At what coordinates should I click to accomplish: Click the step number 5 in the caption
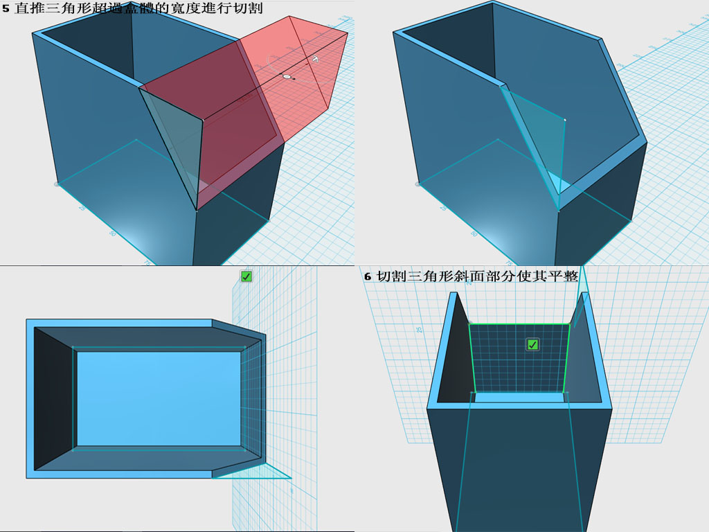(6, 9)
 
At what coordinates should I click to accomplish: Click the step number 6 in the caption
(368, 276)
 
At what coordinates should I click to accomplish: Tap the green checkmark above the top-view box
(246, 276)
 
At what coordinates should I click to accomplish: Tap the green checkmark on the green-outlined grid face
(532, 344)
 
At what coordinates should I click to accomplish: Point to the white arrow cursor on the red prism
(314, 60)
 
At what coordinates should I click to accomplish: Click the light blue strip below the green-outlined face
(519, 398)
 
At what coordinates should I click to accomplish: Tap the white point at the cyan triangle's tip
(565, 120)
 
